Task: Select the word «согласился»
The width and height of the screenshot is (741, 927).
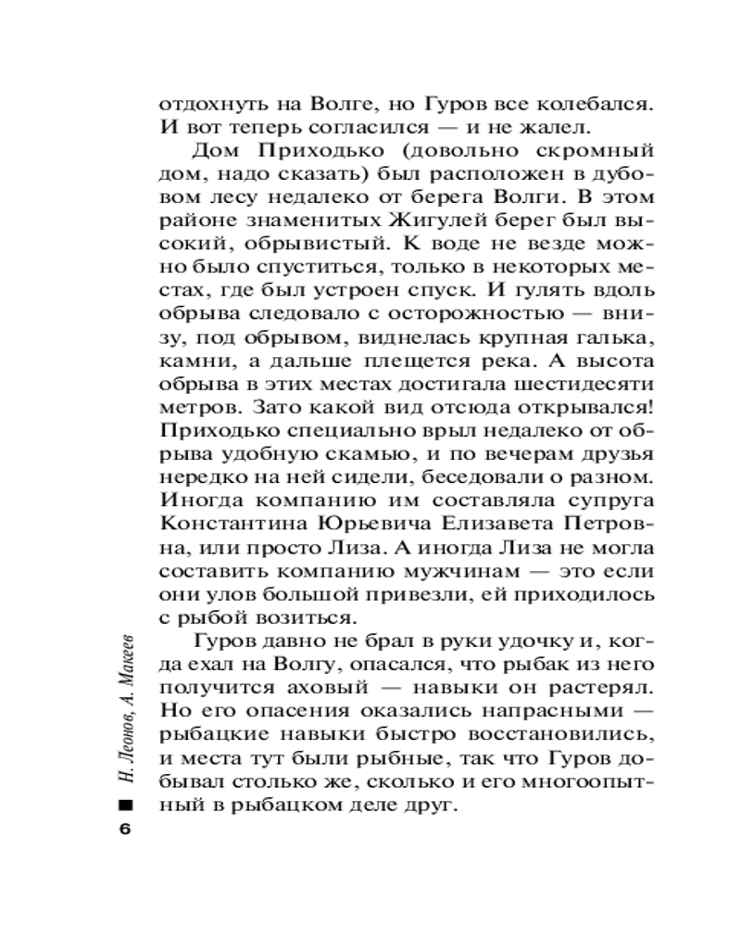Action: [x=334, y=125]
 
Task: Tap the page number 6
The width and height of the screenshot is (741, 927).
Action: [x=127, y=829]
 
